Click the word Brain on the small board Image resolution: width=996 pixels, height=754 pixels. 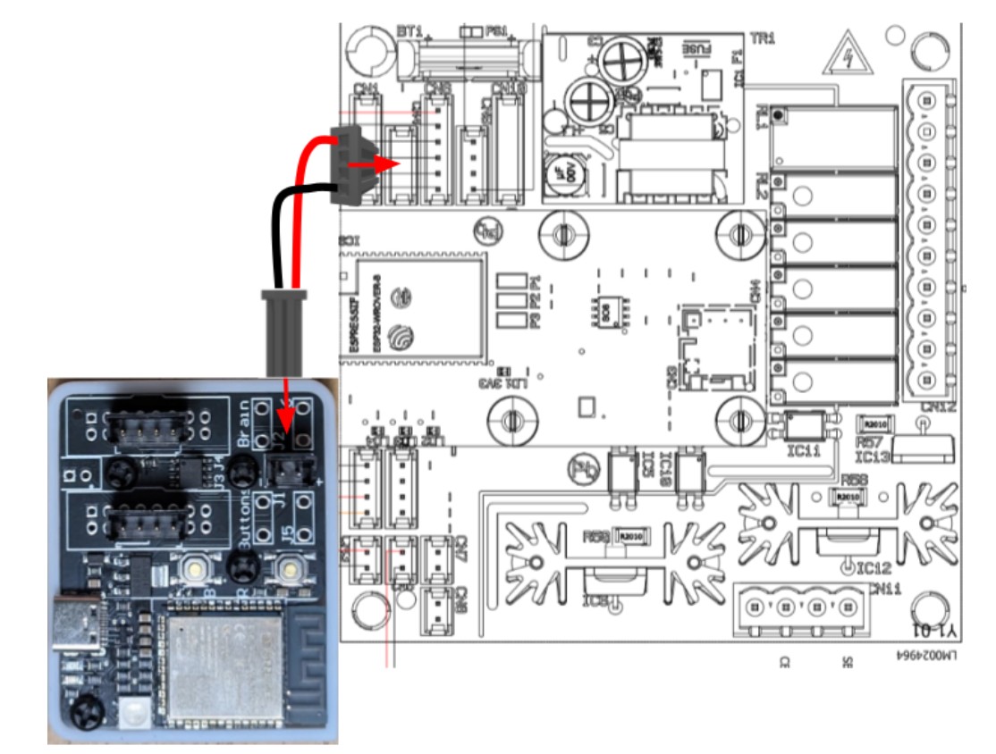pyautogui.click(x=242, y=430)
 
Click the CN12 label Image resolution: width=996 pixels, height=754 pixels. pyautogui.click(x=939, y=408)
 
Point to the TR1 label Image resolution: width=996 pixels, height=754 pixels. pyautogui.click(x=764, y=38)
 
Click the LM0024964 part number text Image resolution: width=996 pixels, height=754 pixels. pyautogui.click(x=924, y=655)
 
